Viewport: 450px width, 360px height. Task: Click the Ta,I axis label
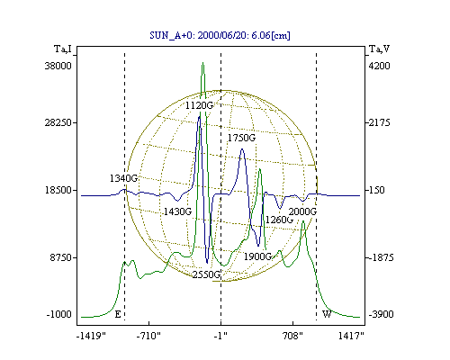(63, 49)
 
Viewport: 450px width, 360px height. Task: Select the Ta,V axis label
(379, 49)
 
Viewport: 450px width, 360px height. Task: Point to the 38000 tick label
(58, 66)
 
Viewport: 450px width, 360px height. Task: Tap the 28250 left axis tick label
(58, 122)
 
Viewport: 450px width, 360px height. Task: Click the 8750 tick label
(61, 257)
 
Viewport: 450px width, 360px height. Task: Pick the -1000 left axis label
(59, 314)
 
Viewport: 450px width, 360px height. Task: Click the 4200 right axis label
(379, 66)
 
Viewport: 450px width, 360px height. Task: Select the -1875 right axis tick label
(381, 257)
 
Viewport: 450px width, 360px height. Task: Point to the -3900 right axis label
(381, 314)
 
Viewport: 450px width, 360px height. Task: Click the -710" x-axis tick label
(148, 336)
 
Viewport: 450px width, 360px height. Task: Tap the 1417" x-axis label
(351, 336)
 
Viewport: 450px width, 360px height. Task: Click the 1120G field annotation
(199, 105)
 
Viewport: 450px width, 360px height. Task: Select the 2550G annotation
(206, 274)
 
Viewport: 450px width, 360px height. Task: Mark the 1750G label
(241, 138)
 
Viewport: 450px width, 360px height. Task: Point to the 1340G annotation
(123, 178)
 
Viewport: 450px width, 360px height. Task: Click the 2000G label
(302, 211)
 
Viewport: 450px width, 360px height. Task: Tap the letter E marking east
(118, 314)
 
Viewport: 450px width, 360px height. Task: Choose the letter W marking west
(327, 314)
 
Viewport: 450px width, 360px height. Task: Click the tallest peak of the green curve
(203, 63)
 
